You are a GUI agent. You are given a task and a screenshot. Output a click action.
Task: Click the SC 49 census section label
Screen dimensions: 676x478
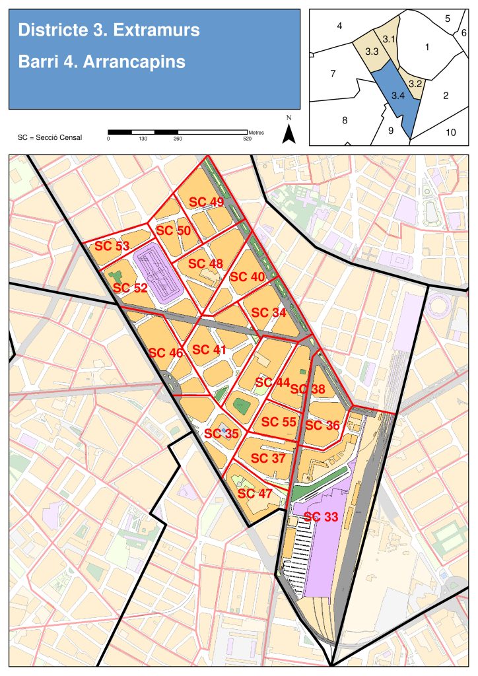[x=207, y=201]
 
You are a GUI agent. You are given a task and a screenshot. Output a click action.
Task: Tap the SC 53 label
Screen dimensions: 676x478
[x=112, y=246]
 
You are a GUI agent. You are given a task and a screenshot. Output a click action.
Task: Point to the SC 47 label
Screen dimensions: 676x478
[x=255, y=493]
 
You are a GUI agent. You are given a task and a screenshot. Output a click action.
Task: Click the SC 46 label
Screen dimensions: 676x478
[x=166, y=353]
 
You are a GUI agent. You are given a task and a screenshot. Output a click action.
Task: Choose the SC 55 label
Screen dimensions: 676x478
[x=279, y=422]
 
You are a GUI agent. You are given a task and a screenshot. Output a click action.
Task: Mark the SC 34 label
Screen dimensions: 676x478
[x=269, y=312]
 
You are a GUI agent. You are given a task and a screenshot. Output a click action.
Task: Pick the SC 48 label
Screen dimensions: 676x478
[x=205, y=263]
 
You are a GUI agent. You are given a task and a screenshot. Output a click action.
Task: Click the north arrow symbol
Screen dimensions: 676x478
[x=289, y=133]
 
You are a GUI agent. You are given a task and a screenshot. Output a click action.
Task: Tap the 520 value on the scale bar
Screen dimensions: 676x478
[x=248, y=139]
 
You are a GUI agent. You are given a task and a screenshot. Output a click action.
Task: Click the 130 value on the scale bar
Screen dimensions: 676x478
[x=143, y=139]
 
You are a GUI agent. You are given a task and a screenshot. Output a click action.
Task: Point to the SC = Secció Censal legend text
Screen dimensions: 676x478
[x=50, y=137]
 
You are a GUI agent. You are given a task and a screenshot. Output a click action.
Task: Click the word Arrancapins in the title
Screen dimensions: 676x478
[x=134, y=61]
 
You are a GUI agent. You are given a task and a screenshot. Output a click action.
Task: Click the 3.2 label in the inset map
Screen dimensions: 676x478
[x=415, y=84]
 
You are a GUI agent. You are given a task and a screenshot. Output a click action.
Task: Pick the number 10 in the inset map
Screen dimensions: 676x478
[x=450, y=132]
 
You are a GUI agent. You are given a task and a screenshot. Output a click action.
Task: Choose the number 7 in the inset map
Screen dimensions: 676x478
[x=333, y=73]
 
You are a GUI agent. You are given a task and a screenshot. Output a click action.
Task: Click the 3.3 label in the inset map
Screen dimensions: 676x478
[x=371, y=51]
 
